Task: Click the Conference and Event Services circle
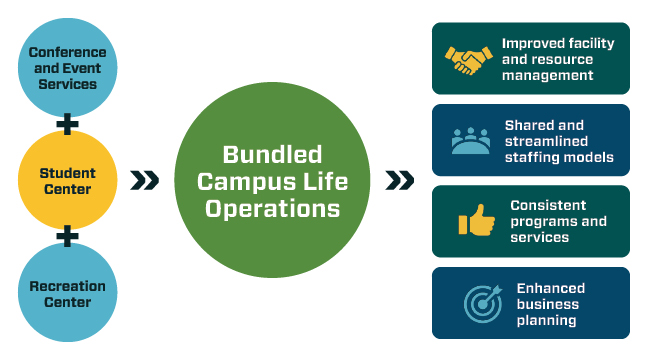pos(67,67)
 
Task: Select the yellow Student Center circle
pos(67,180)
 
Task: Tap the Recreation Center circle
pos(67,294)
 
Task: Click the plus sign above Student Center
pos(67,124)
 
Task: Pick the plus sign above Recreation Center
pos(67,237)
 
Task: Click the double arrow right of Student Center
pos(144,180)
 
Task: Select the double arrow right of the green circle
pos(400,180)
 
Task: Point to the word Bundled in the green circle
pos(272,155)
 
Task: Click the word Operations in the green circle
pos(272,208)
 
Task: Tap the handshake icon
pos(467,61)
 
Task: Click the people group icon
pos(469,141)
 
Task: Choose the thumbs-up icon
pos(476,221)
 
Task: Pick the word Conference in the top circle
pos(67,51)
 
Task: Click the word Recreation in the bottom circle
pos(67,286)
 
